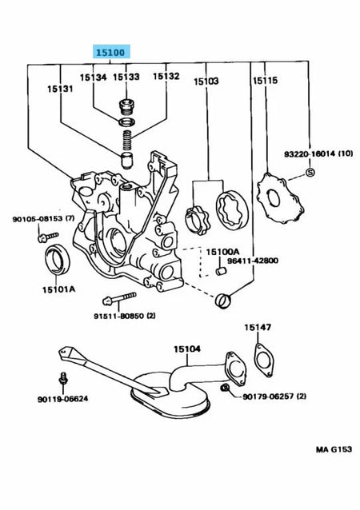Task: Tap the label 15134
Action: (93, 77)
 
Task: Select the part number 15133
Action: (126, 77)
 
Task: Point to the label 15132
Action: (166, 77)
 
